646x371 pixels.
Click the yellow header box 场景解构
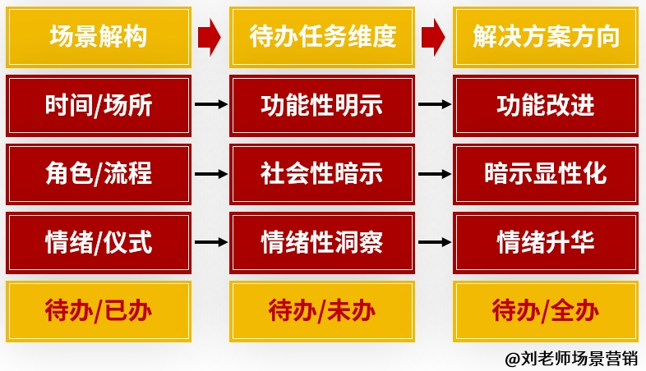(98, 36)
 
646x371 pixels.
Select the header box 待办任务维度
(322, 36)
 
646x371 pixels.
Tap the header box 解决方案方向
(546, 36)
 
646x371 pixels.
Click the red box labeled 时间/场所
(98, 105)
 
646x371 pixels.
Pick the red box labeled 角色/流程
(98, 174)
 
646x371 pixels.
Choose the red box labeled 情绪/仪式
(98, 242)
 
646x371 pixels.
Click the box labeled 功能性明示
(322, 105)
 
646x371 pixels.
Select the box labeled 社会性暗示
(322, 174)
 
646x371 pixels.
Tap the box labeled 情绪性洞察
(322, 242)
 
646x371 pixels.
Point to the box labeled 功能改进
(546, 105)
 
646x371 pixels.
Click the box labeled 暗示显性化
(546, 174)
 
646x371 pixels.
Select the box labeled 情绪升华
(546, 242)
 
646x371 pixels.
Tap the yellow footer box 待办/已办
(98, 310)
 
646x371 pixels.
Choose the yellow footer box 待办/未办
(322, 310)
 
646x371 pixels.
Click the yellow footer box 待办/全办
(546, 310)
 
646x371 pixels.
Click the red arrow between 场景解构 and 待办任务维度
(210, 37)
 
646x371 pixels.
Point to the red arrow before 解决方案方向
(433, 37)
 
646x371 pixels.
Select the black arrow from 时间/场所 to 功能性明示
(210, 105)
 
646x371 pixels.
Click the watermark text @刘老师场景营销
(570, 358)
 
